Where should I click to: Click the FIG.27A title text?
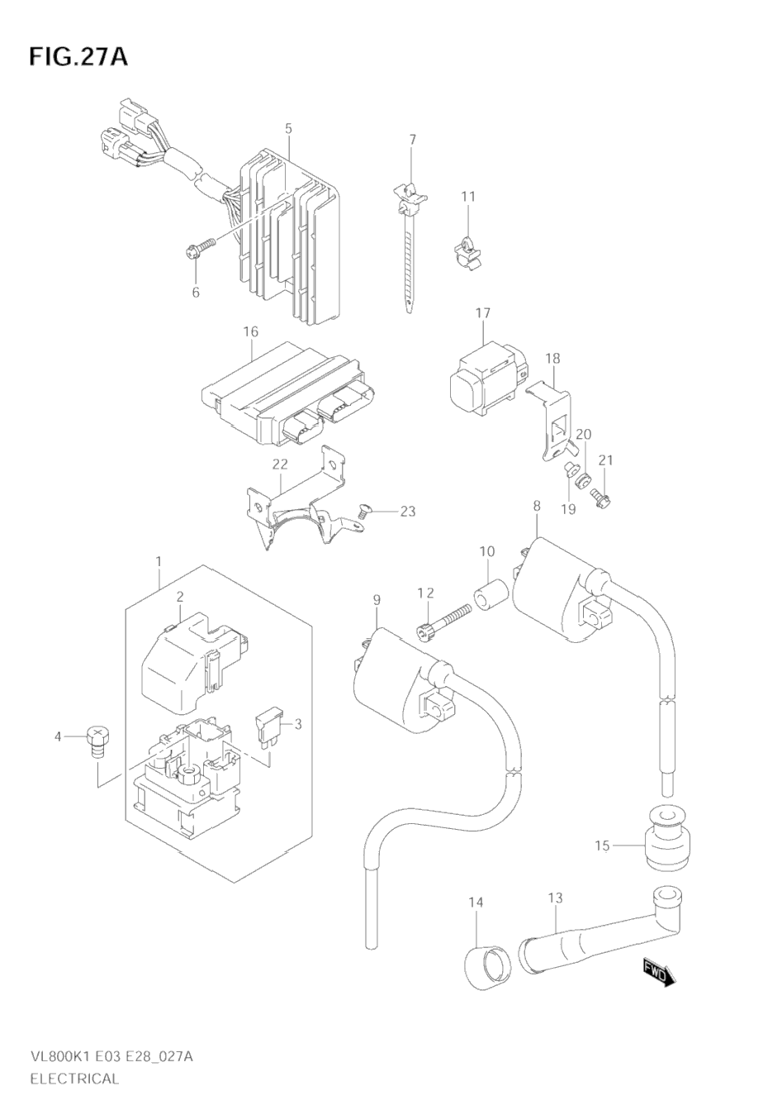tap(78, 57)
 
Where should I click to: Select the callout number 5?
tap(288, 129)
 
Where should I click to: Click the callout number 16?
tap(251, 331)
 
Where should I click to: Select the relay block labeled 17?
tap(487, 378)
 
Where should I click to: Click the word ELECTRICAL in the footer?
tap(75, 1079)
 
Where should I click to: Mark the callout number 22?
tap(280, 464)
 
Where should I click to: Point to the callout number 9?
tap(377, 600)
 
